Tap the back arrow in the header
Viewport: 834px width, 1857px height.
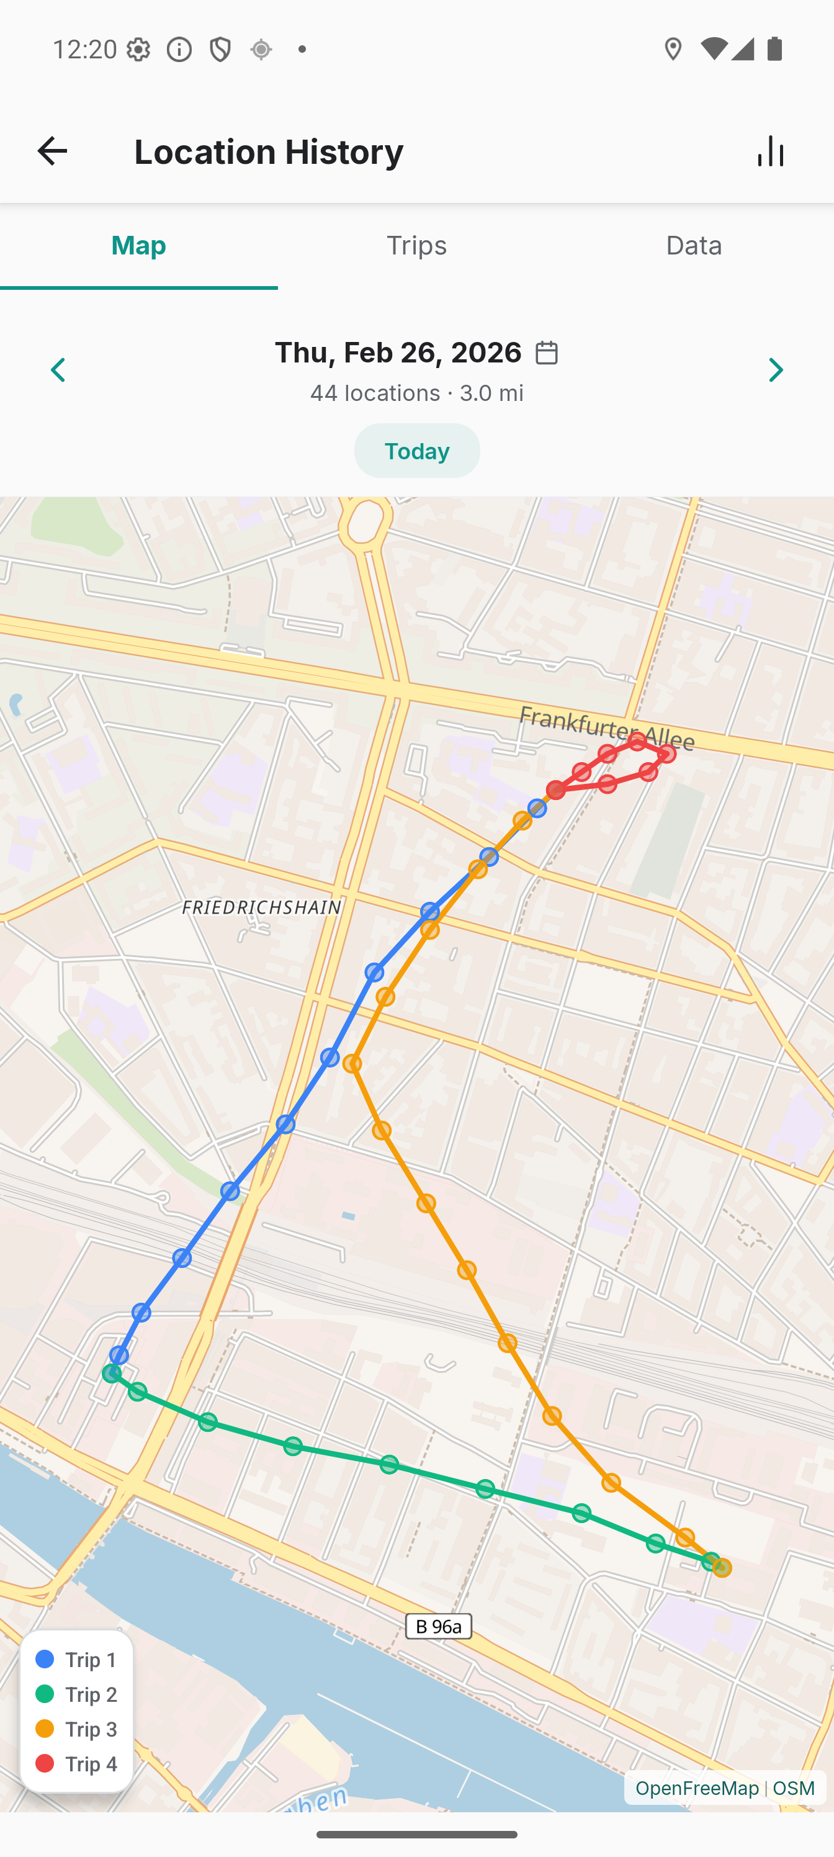pos(52,151)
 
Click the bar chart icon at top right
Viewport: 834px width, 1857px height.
pos(771,151)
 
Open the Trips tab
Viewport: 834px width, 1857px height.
pos(416,246)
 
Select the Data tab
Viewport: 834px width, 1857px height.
pos(693,246)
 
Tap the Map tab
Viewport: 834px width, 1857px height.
pos(138,246)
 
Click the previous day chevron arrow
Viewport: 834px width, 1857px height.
pos(58,371)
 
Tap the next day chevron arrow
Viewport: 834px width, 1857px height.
pos(776,371)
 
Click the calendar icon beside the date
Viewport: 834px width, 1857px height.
pos(547,353)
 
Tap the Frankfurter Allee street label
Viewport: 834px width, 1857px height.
pos(606,728)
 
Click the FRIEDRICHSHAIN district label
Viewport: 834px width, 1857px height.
pos(261,907)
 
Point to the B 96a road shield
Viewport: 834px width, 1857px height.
pos(438,1625)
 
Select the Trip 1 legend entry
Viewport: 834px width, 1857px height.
pos(76,1660)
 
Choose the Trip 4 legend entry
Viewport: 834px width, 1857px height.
pos(76,1763)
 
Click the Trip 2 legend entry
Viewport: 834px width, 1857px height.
pos(76,1694)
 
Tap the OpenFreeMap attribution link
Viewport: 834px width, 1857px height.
pos(696,1787)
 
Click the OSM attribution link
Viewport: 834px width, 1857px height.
pos(794,1787)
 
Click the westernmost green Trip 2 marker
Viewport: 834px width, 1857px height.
pos(111,1374)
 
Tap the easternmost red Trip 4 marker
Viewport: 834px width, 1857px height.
pos(668,753)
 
